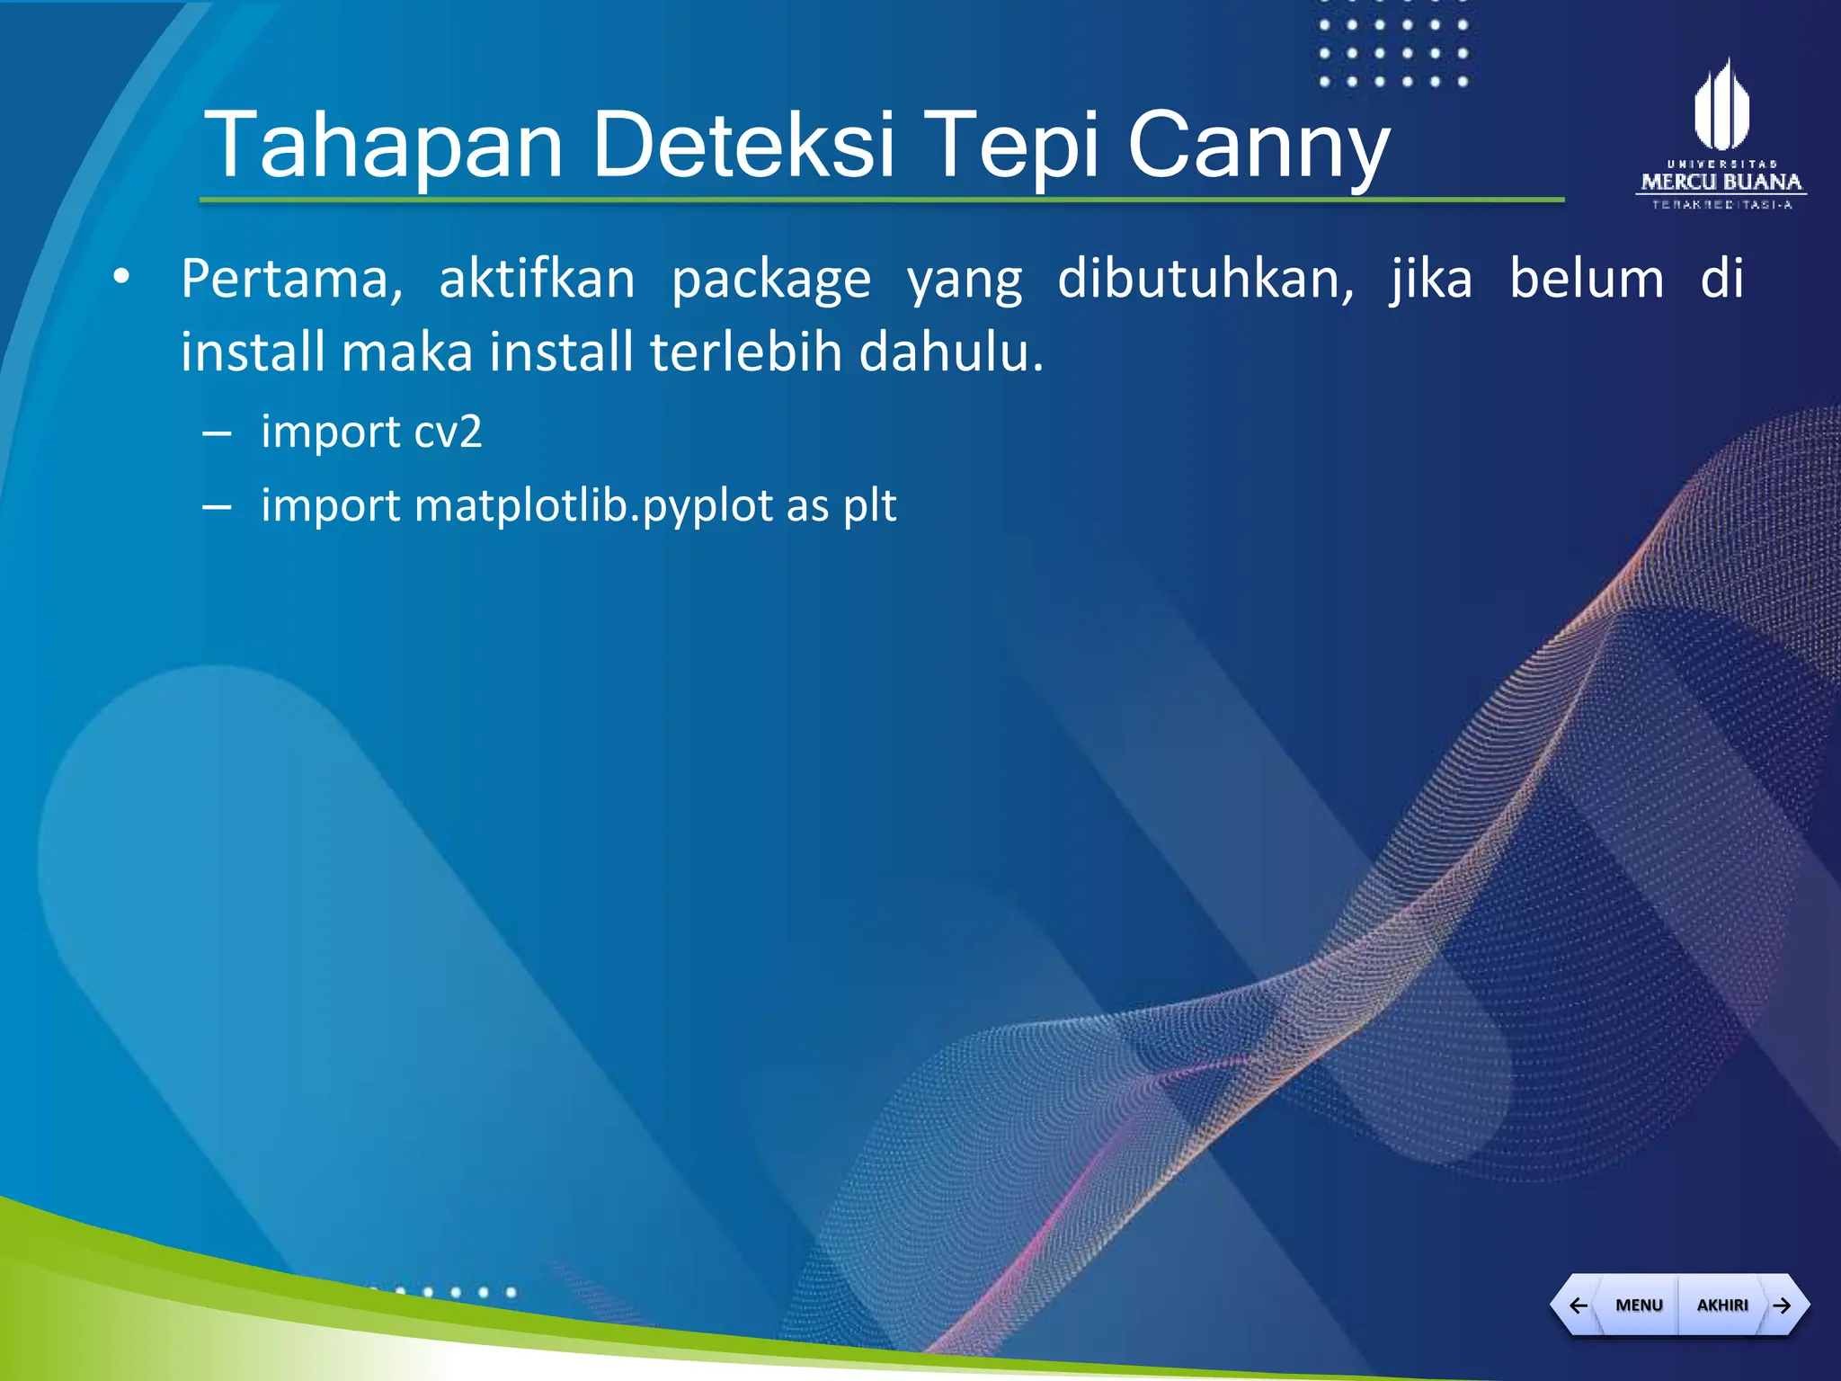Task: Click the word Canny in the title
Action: click(x=1258, y=146)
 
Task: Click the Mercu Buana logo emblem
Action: click(x=1721, y=106)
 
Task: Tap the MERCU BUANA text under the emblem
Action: click(x=1721, y=183)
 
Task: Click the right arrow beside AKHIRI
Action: click(x=1782, y=1305)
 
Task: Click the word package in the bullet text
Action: click(x=771, y=281)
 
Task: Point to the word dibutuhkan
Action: click(x=1205, y=279)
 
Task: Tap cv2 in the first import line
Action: click(x=448, y=432)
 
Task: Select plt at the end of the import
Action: click(x=869, y=506)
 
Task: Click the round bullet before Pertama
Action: click(x=121, y=279)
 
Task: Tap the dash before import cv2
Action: click(x=218, y=434)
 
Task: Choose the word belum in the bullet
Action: click(x=1586, y=279)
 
